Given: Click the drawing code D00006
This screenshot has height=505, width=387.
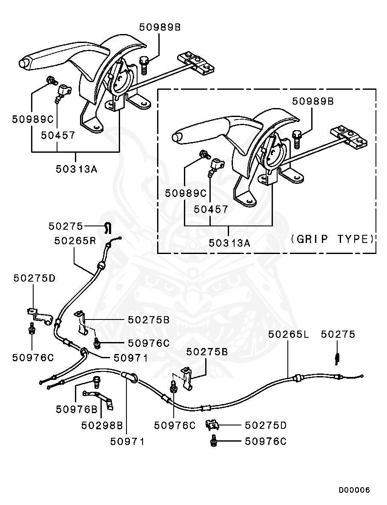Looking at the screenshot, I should point(354,490).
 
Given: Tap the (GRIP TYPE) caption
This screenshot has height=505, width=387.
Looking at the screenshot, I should point(333,239).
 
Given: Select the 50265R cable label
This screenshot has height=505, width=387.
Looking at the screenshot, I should point(75,241).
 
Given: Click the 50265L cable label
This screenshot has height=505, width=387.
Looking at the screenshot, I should point(288,334).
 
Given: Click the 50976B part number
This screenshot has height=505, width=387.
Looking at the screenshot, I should point(76,409).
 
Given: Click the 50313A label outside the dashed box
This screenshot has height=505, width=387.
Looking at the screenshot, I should point(77,168).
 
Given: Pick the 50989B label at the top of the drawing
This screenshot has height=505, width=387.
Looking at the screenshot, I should point(160,27).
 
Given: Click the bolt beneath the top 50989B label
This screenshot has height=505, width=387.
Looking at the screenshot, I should point(144,66).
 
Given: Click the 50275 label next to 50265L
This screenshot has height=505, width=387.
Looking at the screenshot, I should point(338,334).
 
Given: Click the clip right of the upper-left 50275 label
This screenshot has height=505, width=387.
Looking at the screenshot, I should point(108,228).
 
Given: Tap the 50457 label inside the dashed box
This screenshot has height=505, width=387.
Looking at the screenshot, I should point(211,209).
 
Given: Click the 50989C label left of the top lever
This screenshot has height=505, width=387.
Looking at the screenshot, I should point(32,119).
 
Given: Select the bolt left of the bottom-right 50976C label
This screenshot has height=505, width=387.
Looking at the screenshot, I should point(214,442).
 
